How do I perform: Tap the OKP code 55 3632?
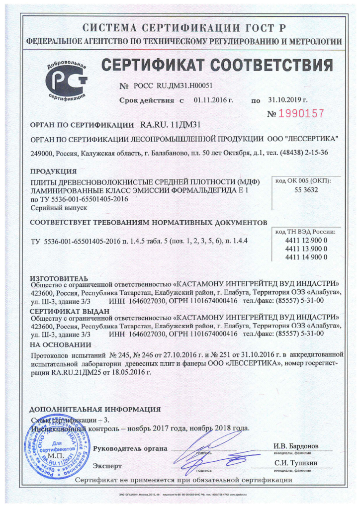[x=303, y=190]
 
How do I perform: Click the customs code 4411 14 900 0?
[x=303, y=256]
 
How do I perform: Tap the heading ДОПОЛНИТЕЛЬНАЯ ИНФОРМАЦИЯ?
[x=95, y=410]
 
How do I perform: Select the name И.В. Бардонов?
[x=296, y=445]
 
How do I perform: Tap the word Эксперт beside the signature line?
[x=107, y=466]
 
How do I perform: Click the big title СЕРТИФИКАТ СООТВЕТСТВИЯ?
[x=217, y=65]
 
